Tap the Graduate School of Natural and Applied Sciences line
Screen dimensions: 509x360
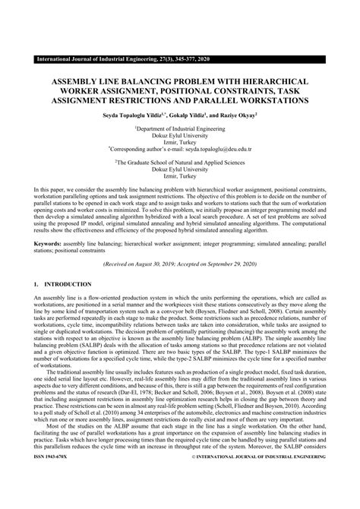point(180,163)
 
